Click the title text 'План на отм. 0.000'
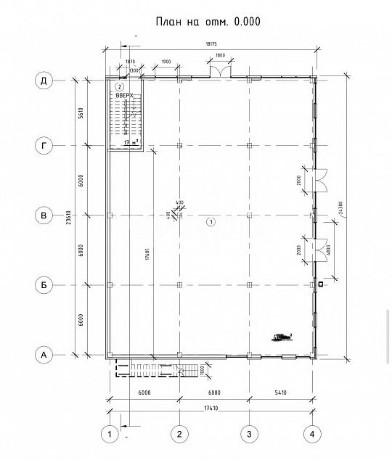pyautogui.click(x=208, y=22)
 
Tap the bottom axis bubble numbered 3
pyautogui.click(x=249, y=434)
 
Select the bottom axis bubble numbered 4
pyautogui.click(x=311, y=434)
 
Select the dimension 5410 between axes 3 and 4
pyautogui.click(x=280, y=394)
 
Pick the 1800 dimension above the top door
pyautogui.click(x=220, y=56)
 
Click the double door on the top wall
pyautogui.click(x=221, y=70)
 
